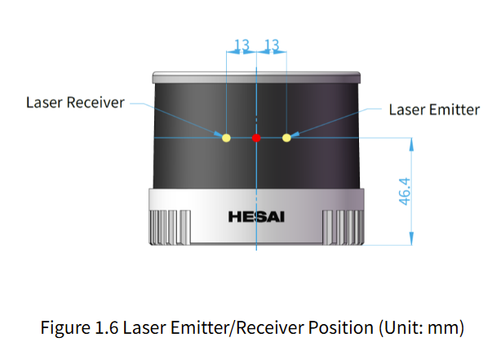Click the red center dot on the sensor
tap(256, 138)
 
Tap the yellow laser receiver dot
tap(227, 138)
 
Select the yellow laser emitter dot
tap(286, 138)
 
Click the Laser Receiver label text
tap(75, 103)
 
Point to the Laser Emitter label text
tap(434, 109)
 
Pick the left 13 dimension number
tap(242, 45)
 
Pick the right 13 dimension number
tap(273, 45)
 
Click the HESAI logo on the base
tap(257, 217)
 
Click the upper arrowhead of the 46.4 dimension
tap(412, 144)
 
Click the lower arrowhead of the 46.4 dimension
tap(412, 238)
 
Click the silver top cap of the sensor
tap(256, 77)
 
